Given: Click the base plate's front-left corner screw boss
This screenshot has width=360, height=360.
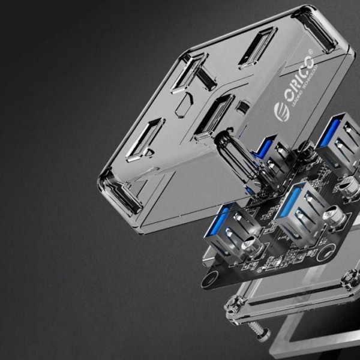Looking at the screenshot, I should pos(232,306).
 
